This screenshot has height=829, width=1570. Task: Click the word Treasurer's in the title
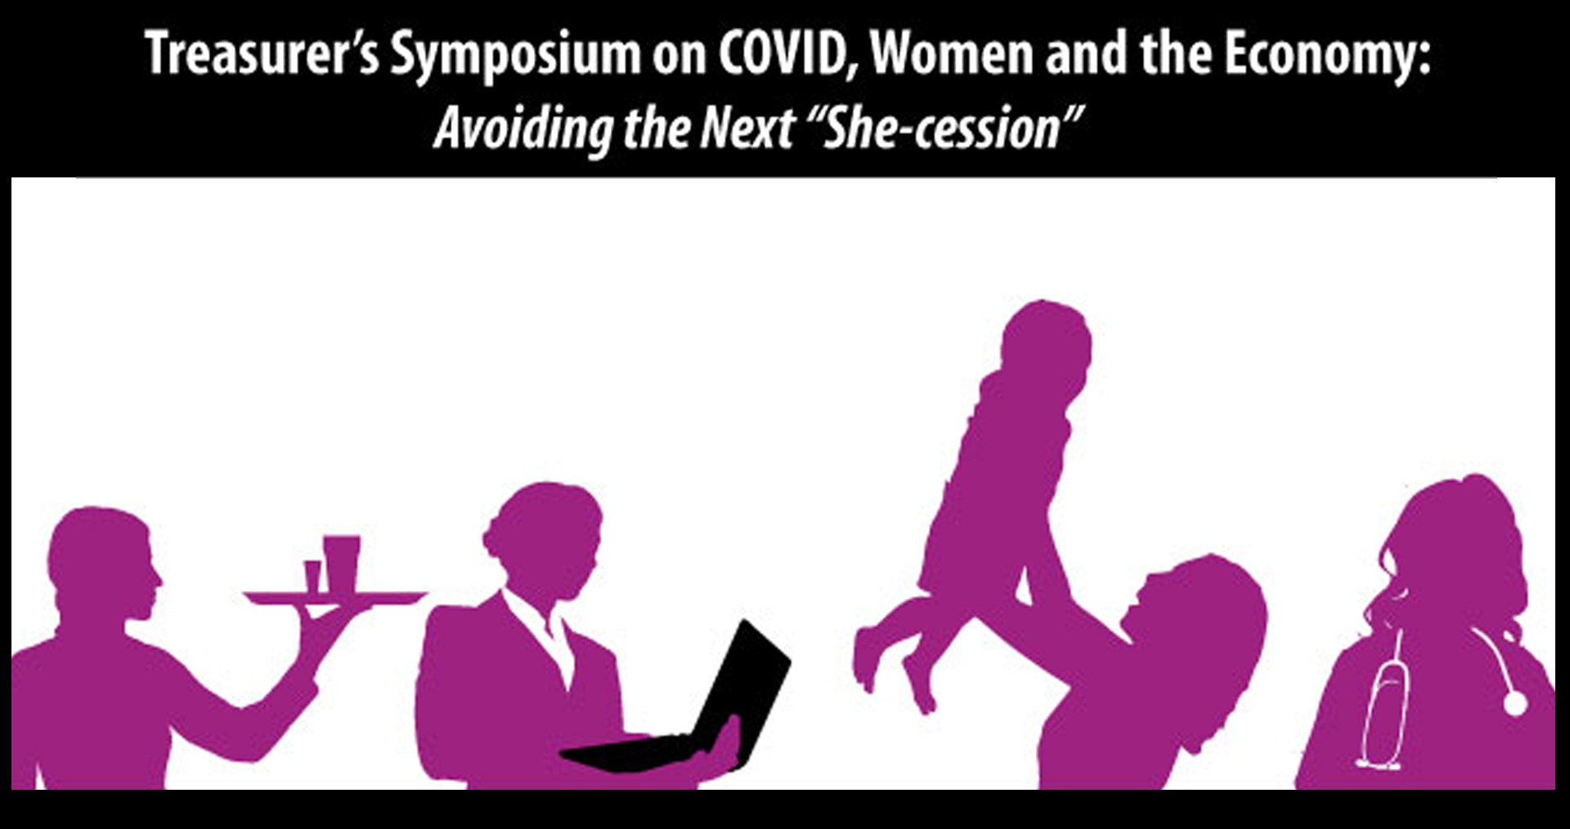tap(262, 54)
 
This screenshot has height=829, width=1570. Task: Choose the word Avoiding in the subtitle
tap(523, 129)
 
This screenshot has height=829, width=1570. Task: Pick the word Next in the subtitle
tap(747, 128)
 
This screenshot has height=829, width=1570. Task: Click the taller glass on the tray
tap(341, 562)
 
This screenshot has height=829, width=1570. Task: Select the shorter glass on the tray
tap(312, 576)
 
